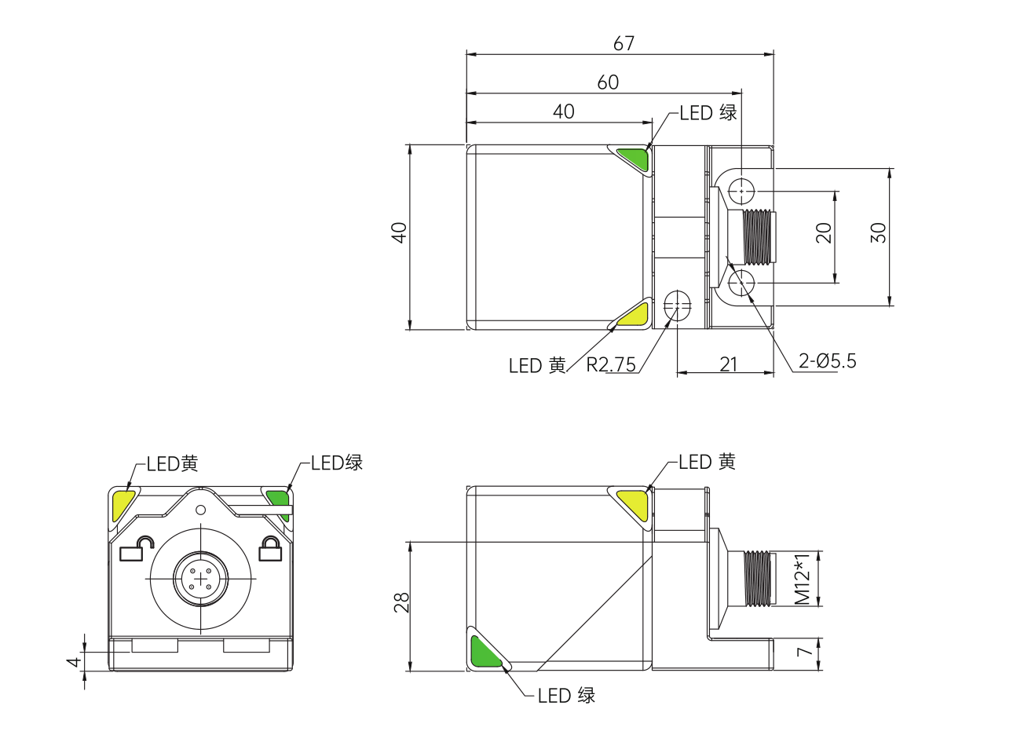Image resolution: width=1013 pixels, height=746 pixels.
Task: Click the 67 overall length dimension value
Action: (x=624, y=43)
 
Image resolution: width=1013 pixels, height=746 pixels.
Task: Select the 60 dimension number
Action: (x=608, y=82)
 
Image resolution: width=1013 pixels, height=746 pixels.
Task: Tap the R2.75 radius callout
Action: (x=611, y=364)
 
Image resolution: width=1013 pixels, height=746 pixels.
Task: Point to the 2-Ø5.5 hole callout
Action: (x=828, y=360)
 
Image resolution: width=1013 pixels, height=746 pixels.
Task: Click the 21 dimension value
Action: (x=728, y=364)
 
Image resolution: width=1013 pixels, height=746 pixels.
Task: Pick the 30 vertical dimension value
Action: (x=878, y=233)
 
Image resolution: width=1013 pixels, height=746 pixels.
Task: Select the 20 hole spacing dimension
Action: (x=824, y=233)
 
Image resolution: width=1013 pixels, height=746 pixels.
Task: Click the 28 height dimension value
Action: (x=401, y=602)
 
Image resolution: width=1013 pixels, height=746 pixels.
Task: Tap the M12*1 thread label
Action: (x=803, y=580)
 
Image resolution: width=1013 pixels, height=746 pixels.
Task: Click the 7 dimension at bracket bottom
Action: (x=804, y=652)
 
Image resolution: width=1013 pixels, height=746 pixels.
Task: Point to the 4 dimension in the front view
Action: (x=74, y=662)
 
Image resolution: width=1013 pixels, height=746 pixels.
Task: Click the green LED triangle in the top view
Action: (x=634, y=159)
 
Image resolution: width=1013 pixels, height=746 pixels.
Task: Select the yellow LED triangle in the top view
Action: (x=634, y=315)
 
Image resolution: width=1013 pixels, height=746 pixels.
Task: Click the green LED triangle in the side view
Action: (x=485, y=652)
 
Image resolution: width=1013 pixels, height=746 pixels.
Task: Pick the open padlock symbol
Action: (x=136, y=550)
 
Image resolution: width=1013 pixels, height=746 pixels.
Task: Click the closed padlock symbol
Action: (x=270, y=549)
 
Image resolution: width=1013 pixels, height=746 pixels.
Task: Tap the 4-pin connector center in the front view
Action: (x=200, y=579)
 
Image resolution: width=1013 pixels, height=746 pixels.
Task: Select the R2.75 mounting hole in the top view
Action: (x=677, y=305)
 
